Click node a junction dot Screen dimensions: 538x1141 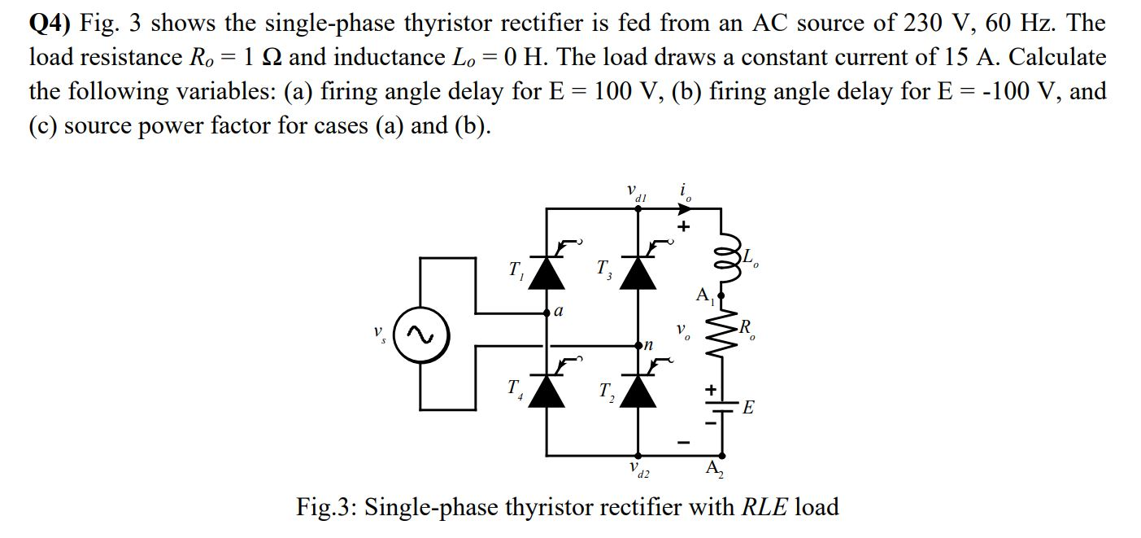547,313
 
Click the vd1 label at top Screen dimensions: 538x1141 636,193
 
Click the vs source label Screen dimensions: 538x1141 377,335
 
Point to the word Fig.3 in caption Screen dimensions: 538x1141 325,508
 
